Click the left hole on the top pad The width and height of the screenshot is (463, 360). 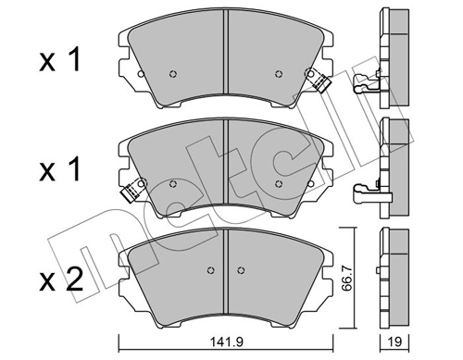pyautogui.click(x=173, y=75)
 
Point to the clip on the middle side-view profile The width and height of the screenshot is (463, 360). pyautogui.click(x=370, y=192)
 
